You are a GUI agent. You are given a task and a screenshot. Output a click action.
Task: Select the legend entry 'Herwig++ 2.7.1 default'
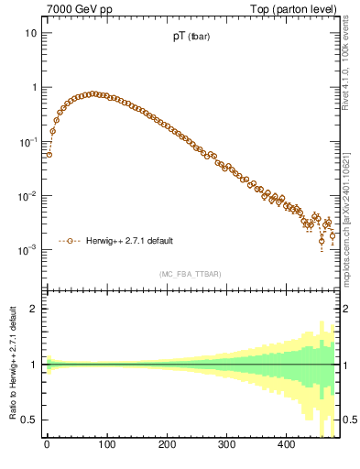tap(130, 241)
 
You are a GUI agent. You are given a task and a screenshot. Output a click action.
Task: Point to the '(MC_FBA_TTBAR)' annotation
tap(190, 274)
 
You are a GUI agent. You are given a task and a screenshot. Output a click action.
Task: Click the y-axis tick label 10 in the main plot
tap(30, 33)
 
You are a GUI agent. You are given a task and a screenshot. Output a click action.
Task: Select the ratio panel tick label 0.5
tap(29, 420)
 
